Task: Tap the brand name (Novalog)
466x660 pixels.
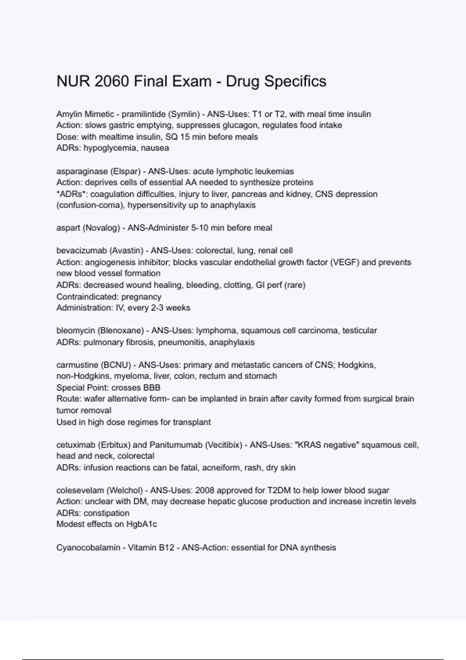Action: [x=101, y=228]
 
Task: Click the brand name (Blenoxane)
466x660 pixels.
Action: [x=120, y=331]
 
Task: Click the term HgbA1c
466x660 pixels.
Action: [x=142, y=524]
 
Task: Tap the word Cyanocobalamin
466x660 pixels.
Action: [x=88, y=548]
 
